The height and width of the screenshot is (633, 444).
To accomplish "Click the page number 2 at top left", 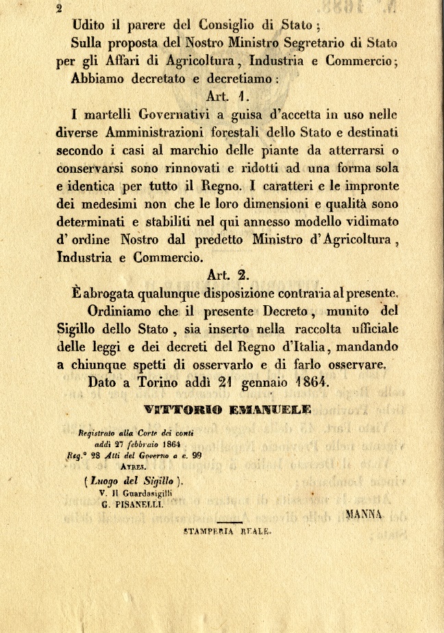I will click(60, 9).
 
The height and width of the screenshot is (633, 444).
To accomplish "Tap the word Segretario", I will click(321, 43).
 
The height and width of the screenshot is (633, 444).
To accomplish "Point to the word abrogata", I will click(116, 293).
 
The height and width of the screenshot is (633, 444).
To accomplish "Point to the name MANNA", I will click(365, 513).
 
